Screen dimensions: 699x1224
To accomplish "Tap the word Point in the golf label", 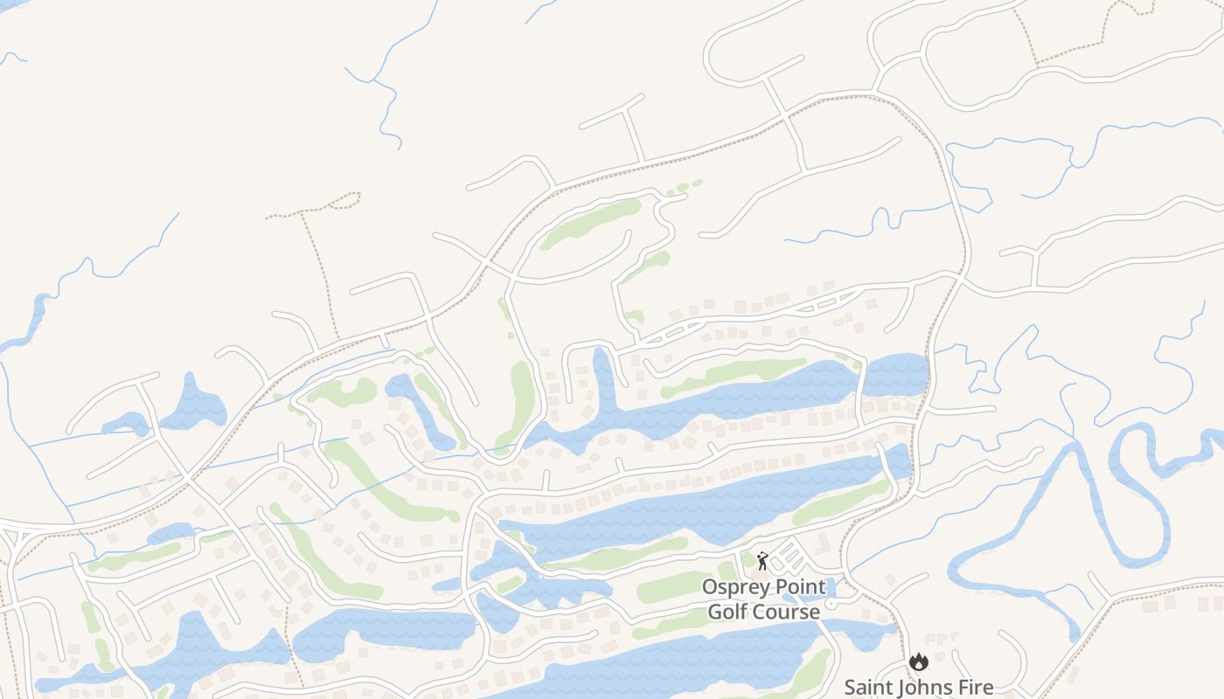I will [x=796, y=586].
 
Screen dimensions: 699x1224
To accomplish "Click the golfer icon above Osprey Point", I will [x=762, y=560].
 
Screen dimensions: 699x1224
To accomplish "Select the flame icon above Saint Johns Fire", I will [x=917, y=661].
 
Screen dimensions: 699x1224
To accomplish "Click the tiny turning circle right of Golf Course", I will [x=831, y=604].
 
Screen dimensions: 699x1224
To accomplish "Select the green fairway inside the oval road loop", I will [x=590, y=224].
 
